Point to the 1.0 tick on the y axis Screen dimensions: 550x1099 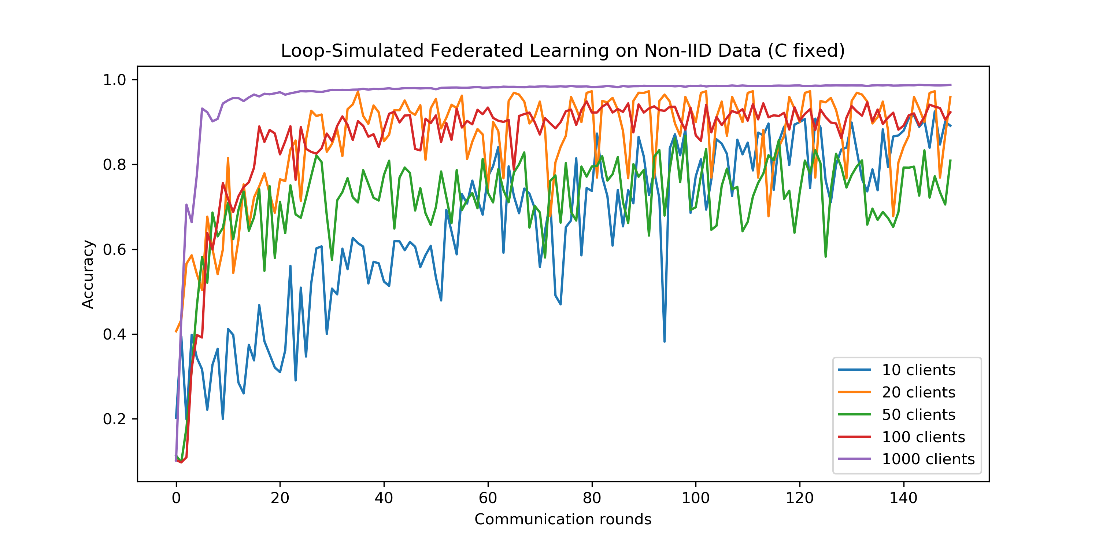click(x=114, y=80)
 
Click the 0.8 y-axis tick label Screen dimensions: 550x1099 click(x=114, y=164)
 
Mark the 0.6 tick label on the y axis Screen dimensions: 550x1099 click(x=114, y=249)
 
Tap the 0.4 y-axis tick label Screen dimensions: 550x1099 click(x=114, y=334)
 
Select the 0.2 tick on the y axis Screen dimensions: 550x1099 click(x=114, y=419)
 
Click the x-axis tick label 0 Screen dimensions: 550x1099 click(x=176, y=498)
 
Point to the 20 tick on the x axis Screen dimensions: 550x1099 click(x=280, y=498)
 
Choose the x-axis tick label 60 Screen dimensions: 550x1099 click(x=488, y=498)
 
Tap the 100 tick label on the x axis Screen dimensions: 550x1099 click(x=695, y=498)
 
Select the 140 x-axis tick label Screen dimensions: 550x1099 click(x=903, y=498)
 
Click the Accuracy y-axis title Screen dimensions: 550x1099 click(x=88, y=274)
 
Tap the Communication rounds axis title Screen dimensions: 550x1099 click(x=563, y=519)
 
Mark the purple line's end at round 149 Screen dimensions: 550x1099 click(x=950, y=85)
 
